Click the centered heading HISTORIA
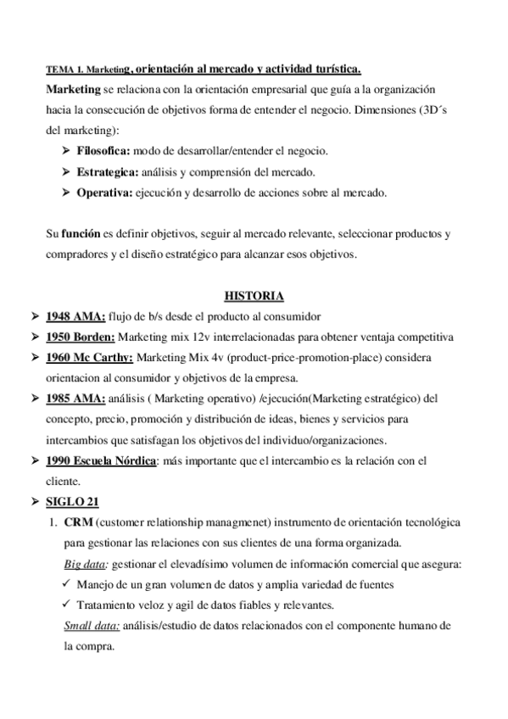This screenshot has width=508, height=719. [x=254, y=296]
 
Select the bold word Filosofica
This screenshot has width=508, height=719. [x=102, y=150]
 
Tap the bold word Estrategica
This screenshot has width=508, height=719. [x=103, y=171]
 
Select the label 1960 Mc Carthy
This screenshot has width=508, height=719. [x=90, y=357]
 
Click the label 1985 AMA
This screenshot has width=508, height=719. [x=75, y=398]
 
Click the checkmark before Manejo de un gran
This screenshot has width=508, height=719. [x=67, y=584]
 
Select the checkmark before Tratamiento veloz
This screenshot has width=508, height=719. [x=67, y=605]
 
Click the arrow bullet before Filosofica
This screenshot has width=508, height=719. [x=66, y=150]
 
